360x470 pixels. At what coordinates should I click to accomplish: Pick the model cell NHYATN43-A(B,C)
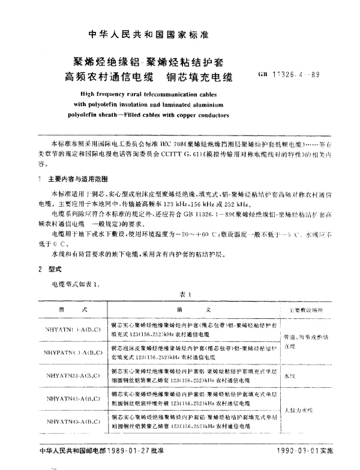click(73, 421)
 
